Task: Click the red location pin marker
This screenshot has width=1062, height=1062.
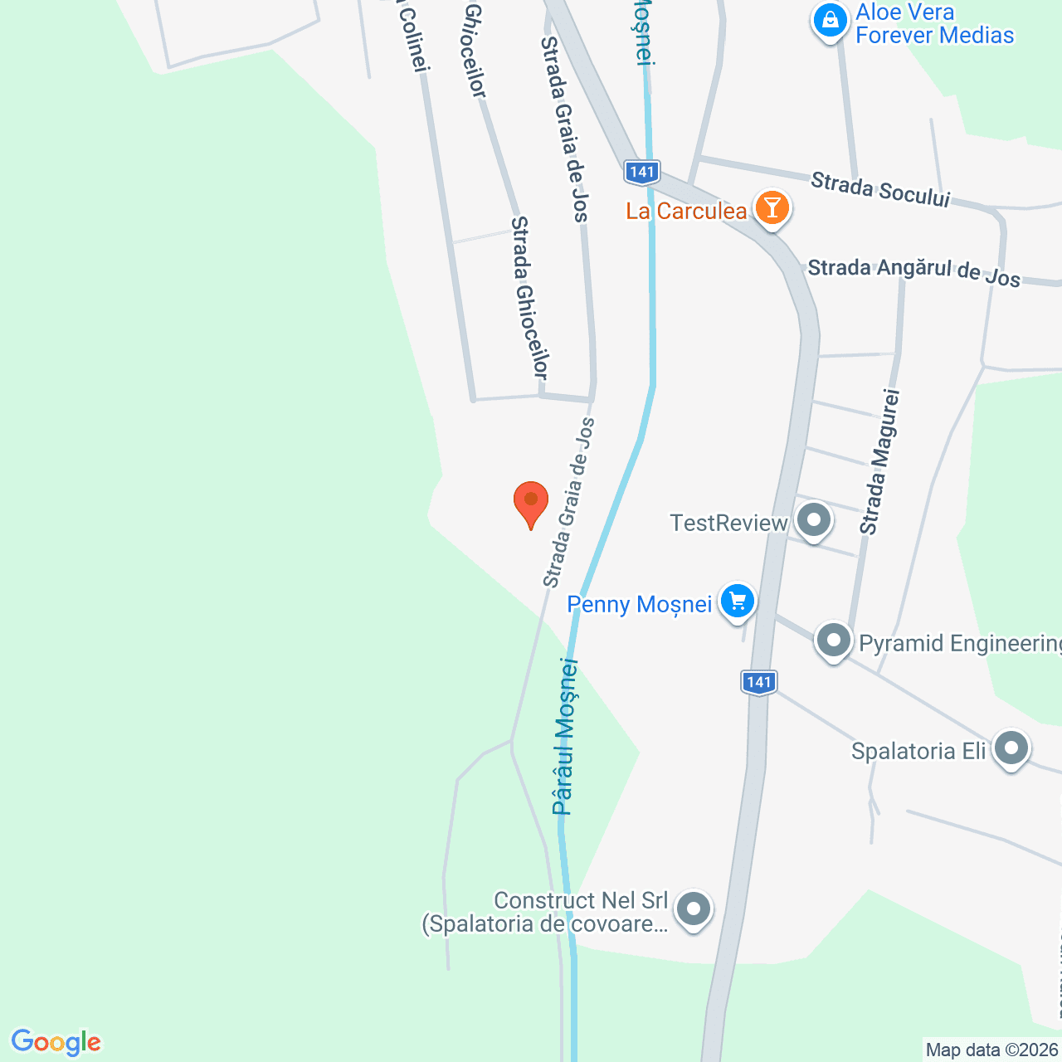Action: [x=531, y=502]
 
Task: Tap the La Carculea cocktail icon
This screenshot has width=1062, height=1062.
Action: [x=772, y=207]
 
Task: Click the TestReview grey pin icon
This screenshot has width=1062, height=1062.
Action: [x=813, y=521]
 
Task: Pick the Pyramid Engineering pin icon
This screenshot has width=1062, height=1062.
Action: [x=833, y=641]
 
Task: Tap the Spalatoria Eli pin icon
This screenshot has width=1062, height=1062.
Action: [x=1011, y=748]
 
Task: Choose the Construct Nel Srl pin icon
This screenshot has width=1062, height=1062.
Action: [x=693, y=909]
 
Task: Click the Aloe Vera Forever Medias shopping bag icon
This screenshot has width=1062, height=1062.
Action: [x=829, y=21]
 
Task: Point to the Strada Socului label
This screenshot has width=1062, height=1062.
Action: [x=879, y=189]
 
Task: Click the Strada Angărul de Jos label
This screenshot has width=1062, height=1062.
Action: [x=913, y=271]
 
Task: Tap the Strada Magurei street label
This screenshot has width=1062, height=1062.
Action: [x=879, y=461]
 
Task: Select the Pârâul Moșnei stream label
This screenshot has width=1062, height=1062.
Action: [x=565, y=736]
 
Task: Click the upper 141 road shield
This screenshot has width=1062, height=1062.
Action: [x=641, y=172]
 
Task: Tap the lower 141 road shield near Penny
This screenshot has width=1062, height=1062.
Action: [x=758, y=683]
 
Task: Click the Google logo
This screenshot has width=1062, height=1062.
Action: [x=56, y=1042]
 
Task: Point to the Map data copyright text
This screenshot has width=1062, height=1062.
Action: [x=992, y=1050]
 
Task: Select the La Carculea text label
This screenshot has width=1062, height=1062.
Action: [x=686, y=211]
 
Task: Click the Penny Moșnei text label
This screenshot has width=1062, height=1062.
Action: [x=639, y=604]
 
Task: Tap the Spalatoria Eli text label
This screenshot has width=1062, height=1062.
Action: [x=918, y=751]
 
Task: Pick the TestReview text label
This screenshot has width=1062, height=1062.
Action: [x=728, y=523]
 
